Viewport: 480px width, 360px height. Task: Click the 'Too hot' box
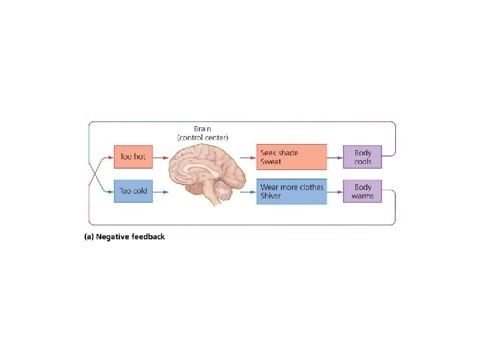click(133, 157)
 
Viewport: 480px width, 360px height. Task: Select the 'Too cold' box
click(133, 191)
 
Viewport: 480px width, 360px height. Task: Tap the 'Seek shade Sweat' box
click(291, 157)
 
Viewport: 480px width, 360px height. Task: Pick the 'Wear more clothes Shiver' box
click(291, 191)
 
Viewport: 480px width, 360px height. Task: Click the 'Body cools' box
click(363, 157)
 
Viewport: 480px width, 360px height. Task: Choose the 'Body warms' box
click(363, 191)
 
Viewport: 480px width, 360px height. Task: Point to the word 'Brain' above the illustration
click(203, 129)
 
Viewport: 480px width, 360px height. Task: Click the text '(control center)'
click(203, 137)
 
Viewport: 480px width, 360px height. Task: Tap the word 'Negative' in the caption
click(115, 237)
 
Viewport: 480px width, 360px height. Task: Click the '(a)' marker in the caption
click(88, 237)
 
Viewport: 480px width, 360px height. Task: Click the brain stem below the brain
click(213, 197)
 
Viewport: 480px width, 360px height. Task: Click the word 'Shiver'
click(271, 196)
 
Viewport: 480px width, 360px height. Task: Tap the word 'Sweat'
click(271, 162)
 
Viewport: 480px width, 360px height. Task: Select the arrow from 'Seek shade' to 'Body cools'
click(335, 157)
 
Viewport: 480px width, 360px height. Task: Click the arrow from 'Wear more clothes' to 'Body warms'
click(335, 191)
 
